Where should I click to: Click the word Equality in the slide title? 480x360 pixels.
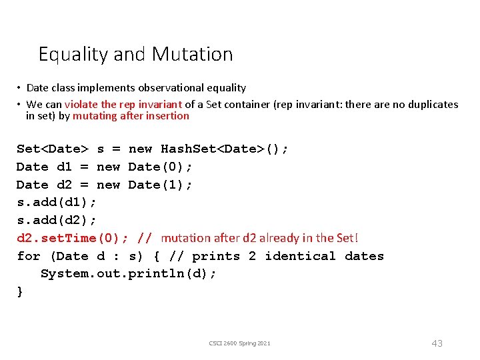tap(74, 54)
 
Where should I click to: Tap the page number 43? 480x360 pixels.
tap(437, 343)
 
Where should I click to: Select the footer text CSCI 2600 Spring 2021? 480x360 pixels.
tap(239, 343)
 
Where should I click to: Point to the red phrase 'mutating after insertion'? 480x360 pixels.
tap(131, 116)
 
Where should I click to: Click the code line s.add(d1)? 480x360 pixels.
tap(57, 202)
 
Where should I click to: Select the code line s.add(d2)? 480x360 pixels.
tap(57, 220)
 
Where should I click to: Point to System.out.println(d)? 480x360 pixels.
tap(128, 274)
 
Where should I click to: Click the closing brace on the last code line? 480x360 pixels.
tap(20, 292)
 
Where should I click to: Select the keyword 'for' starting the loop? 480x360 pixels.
tap(29, 256)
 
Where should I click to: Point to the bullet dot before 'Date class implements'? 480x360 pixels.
tap(20, 88)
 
